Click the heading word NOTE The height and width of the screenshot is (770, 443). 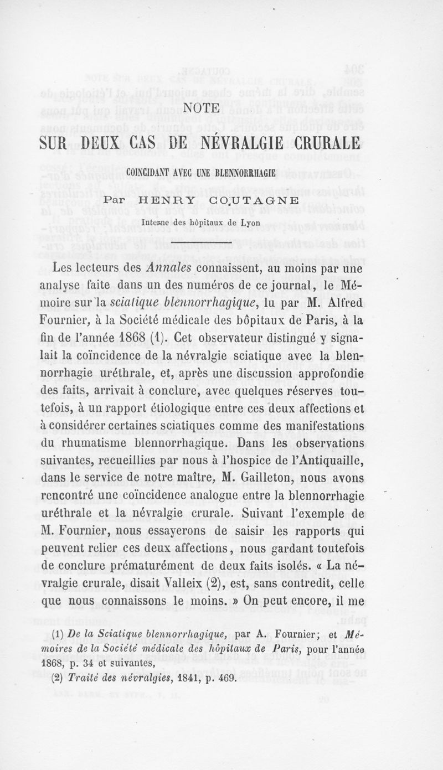221,107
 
